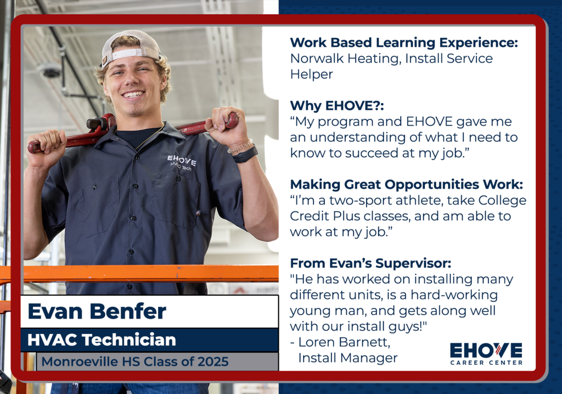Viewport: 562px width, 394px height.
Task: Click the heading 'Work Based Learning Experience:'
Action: pyautogui.click(x=404, y=42)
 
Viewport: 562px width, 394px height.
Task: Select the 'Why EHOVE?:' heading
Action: pyautogui.click(x=337, y=106)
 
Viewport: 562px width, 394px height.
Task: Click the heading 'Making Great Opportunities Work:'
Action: pyautogui.click(x=407, y=185)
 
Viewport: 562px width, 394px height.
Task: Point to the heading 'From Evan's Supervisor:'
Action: pyautogui.click(x=370, y=263)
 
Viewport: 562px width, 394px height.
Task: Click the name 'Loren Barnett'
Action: pyautogui.click(x=344, y=342)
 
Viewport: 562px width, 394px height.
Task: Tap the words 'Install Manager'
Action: pyautogui.click(x=347, y=358)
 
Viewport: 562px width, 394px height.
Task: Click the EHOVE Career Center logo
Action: pyautogui.click(x=486, y=354)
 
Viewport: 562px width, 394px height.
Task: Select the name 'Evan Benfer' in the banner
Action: pyautogui.click(x=97, y=311)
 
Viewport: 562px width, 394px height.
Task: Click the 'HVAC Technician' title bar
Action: pyautogui.click(x=149, y=340)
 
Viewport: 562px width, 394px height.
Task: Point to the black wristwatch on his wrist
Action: pyautogui.click(x=245, y=153)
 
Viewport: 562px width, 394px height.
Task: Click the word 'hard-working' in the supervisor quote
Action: pyautogui.click(x=454, y=295)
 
